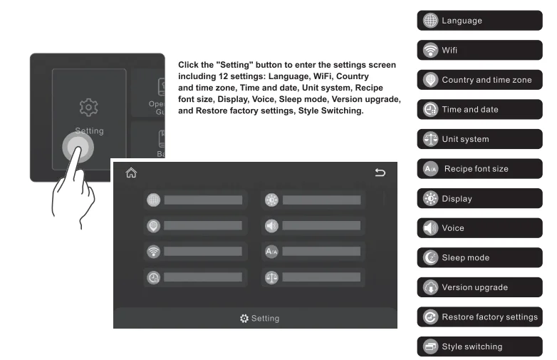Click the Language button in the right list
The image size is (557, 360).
(x=479, y=21)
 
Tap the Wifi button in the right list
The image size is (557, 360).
(x=479, y=51)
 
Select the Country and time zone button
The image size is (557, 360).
(x=479, y=80)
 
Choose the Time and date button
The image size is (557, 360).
(x=479, y=110)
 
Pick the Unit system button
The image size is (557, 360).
(x=479, y=139)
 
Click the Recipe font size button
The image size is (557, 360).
(x=479, y=169)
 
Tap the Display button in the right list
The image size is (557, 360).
(x=479, y=199)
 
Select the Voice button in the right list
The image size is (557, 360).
(x=479, y=228)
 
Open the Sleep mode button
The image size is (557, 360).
(x=479, y=257)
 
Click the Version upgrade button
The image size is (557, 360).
(x=479, y=287)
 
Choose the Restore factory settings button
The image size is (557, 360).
(x=479, y=317)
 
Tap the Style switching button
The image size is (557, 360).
(x=479, y=346)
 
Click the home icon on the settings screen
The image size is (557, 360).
(x=130, y=173)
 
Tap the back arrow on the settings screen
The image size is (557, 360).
(x=380, y=173)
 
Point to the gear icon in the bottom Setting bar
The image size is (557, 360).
(x=244, y=318)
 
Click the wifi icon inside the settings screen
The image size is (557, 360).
(x=153, y=251)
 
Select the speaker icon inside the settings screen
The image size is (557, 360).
(x=271, y=225)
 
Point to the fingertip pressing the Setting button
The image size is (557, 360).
(x=78, y=148)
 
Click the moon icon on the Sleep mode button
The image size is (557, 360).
(x=430, y=258)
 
